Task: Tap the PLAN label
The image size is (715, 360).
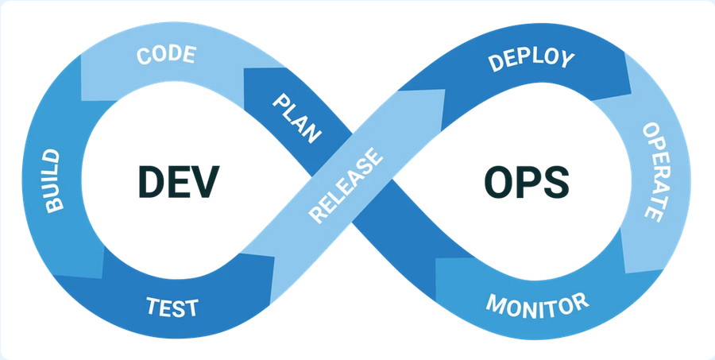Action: point(297,118)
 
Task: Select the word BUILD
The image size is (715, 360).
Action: point(52,180)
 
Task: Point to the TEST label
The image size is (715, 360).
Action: point(172,306)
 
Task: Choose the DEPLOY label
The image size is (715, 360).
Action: point(531,60)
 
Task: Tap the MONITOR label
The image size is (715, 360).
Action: point(537,304)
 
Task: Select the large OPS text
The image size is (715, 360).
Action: point(526,183)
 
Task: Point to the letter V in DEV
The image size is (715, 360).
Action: point(205,183)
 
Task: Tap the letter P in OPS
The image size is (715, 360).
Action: point(527,183)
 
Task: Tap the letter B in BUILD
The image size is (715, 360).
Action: point(54,204)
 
